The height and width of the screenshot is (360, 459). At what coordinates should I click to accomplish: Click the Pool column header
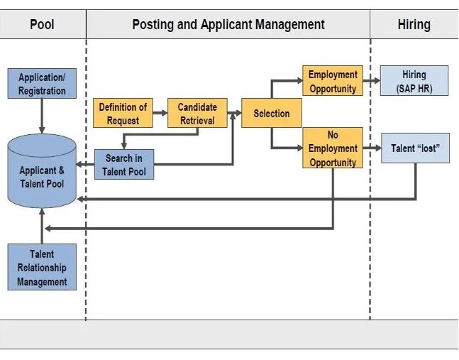42,24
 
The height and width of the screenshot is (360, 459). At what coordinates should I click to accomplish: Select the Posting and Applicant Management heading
228,24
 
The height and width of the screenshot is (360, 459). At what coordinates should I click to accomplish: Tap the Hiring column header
414,24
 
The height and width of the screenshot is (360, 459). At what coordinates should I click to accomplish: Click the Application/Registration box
42,84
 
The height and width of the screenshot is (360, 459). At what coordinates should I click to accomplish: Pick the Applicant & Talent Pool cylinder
42,171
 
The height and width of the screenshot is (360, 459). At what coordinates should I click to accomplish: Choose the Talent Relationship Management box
42,267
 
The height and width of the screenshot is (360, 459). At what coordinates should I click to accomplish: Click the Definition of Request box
123,113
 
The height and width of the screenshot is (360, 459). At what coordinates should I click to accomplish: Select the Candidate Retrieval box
197,113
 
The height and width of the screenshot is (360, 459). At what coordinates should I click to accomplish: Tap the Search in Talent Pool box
124,165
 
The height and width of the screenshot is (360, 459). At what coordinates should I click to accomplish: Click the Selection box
272,113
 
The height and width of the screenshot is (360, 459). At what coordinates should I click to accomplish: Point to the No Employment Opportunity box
333,148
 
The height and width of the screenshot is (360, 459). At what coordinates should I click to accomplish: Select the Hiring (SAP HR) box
414,80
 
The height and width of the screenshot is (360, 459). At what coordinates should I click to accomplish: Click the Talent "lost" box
416,148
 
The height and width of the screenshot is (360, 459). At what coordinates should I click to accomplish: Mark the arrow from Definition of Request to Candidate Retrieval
160,113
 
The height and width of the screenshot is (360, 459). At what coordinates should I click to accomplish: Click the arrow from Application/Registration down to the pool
42,116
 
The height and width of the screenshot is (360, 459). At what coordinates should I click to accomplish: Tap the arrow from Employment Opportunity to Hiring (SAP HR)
372,80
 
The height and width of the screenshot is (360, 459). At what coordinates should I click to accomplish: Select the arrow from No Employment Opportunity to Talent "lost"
372,148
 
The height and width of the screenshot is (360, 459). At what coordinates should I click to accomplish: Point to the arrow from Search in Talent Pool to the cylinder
85,164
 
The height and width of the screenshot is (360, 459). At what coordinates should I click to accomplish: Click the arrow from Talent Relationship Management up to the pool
42,226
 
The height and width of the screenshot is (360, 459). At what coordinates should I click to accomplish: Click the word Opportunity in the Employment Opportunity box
333,89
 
